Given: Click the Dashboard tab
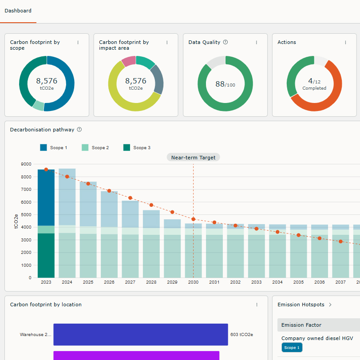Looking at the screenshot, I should click(x=18, y=11).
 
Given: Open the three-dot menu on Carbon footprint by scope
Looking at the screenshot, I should click(x=78, y=43).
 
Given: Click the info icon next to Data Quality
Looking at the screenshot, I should click(x=225, y=42).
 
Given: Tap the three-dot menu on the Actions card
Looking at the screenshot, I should click(x=345, y=43).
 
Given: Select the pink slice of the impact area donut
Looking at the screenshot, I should click(x=128, y=61).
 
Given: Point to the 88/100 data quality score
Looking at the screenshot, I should click(x=225, y=84).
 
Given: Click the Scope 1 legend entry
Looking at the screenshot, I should click(x=54, y=148).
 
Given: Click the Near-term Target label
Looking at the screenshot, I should click(x=193, y=157).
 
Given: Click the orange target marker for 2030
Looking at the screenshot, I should click(x=193, y=219).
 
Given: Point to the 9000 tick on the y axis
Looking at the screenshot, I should click(x=26, y=164).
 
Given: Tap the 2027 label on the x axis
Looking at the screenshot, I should click(x=130, y=282).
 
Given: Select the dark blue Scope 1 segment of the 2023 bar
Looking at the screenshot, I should click(x=46, y=198).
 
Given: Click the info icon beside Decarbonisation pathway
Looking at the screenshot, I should click(x=79, y=130).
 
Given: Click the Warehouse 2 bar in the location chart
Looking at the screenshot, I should click(x=140, y=334).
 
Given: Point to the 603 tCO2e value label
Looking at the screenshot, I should click(x=241, y=335).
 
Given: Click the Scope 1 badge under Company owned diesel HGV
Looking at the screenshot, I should click(x=292, y=348).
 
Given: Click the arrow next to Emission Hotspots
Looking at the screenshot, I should click(x=330, y=305).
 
